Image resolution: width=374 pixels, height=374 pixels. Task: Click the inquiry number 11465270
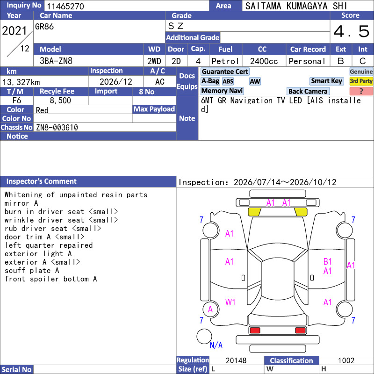(x=65, y=6)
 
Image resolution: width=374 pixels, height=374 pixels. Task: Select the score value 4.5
(x=352, y=31)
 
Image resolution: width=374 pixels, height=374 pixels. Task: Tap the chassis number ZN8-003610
(x=57, y=127)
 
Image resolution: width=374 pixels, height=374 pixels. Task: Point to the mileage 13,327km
(x=21, y=82)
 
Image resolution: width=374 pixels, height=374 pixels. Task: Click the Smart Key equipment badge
(x=326, y=81)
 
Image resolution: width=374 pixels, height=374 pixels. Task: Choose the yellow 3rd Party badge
(x=361, y=81)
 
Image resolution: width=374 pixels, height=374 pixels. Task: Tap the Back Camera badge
(x=308, y=91)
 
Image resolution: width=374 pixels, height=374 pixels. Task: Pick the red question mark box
(x=361, y=91)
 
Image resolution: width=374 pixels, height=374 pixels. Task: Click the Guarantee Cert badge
(x=225, y=72)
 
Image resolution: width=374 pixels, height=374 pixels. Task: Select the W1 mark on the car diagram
(x=230, y=302)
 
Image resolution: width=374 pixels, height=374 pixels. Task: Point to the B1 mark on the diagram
(x=328, y=262)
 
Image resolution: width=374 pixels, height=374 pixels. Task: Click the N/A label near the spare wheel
(x=216, y=345)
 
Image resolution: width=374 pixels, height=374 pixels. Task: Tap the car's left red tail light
(x=254, y=331)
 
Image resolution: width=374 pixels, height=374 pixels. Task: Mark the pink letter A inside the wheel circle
(x=210, y=309)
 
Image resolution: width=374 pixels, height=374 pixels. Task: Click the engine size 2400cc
(x=264, y=61)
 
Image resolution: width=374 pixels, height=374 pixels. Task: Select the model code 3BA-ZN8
(x=56, y=61)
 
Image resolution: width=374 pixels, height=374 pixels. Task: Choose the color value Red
(x=42, y=110)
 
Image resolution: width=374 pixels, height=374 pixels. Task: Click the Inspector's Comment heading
(x=42, y=181)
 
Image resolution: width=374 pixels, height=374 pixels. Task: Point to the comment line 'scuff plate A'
(x=32, y=271)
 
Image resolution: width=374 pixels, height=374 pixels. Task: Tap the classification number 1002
(x=346, y=360)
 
